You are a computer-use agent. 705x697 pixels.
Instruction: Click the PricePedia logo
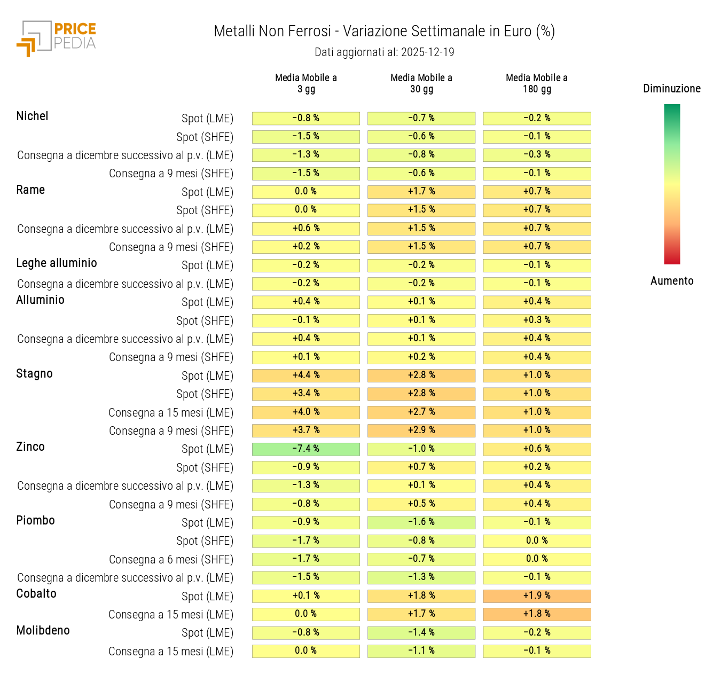click(57, 38)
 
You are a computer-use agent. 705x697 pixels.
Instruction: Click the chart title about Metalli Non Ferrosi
click(384, 32)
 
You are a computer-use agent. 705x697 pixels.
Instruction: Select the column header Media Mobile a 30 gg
click(421, 83)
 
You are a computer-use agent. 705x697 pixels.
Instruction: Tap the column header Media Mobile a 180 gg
click(537, 83)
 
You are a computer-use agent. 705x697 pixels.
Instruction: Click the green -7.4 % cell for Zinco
click(306, 449)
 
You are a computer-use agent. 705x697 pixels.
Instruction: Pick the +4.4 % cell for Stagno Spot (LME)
click(306, 375)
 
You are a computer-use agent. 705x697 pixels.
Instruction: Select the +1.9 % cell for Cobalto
click(537, 596)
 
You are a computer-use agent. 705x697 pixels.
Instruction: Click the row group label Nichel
click(32, 116)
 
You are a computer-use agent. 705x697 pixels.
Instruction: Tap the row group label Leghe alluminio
click(57, 263)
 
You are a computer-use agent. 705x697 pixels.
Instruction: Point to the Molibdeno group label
click(43, 631)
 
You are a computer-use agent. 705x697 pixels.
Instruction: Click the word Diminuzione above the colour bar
click(671, 89)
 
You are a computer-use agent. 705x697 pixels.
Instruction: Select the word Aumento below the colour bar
click(672, 281)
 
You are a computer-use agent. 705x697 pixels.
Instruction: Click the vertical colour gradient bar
click(672, 184)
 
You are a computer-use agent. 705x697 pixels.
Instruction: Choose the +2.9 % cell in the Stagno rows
click(421, 430)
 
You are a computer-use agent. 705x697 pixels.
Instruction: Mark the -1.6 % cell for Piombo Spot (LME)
click(421, 522)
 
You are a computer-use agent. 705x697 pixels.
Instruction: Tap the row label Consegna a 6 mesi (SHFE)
click(171, 560)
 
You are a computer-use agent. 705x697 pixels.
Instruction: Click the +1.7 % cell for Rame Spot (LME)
click(421, 192)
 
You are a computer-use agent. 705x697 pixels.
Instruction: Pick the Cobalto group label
click(36, 594)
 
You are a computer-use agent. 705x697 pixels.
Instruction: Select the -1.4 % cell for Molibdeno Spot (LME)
click(421, 633)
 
